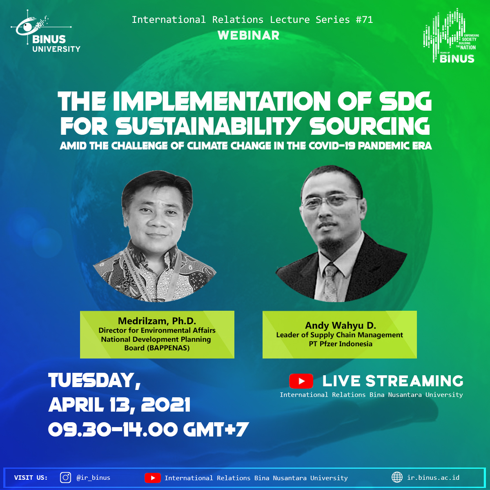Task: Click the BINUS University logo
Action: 46,31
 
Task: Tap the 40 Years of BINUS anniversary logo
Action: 451,36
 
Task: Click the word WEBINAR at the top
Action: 248,36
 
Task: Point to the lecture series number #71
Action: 364,20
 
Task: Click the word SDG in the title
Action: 406,101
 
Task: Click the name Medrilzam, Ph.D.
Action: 157,321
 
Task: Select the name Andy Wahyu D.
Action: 341,325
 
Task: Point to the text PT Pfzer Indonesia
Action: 341,344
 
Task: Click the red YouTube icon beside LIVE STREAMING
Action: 301,381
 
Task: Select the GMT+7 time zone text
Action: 216,430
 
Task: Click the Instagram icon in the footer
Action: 65,477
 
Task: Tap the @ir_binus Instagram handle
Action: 94,478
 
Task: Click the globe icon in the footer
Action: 397,477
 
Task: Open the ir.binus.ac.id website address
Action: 433,477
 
